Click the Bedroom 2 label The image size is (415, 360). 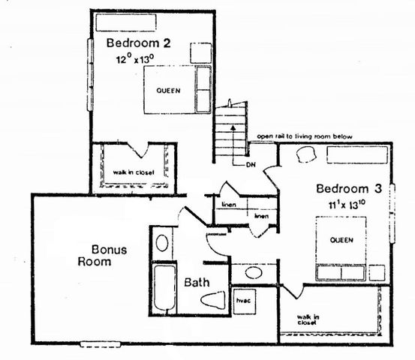(139, 43)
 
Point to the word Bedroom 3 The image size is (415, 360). (349, 188)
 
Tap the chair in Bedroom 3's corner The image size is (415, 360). (305, 155)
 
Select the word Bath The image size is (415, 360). (197, 283)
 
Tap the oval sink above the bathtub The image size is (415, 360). (162, 243)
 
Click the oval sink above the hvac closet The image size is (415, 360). (245, 272)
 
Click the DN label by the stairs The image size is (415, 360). (251, 164)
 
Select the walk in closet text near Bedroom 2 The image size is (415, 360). (134, 172)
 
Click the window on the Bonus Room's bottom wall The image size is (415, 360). (100, 344)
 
